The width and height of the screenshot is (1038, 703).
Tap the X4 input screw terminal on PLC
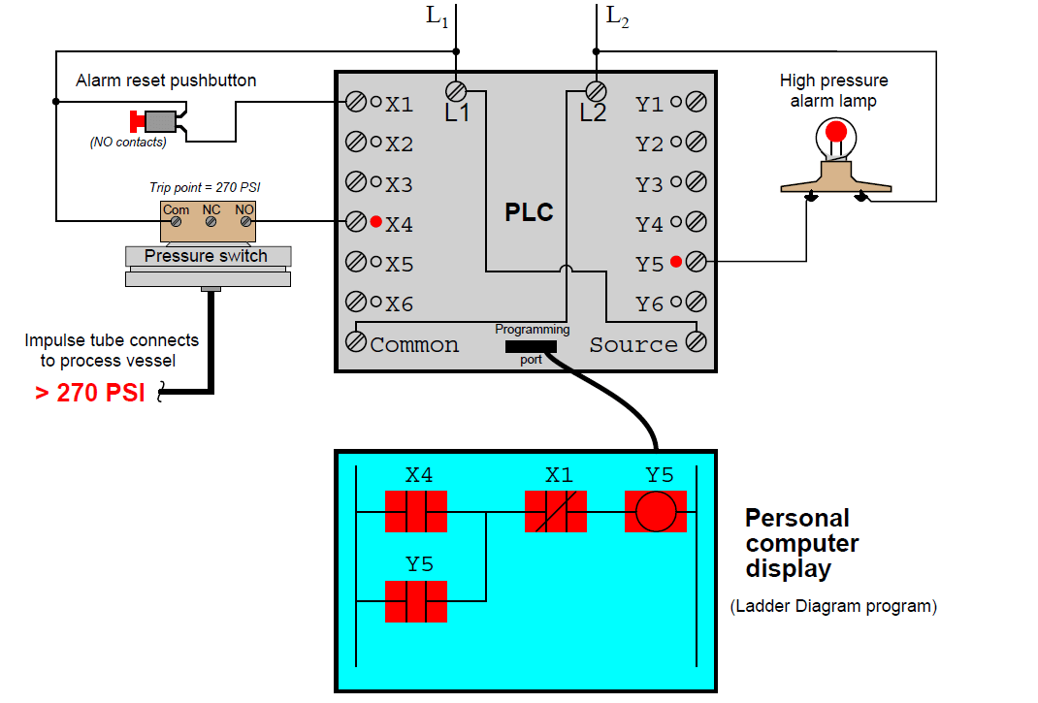tap(356, 222)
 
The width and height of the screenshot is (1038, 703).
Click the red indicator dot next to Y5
tap(676, 261)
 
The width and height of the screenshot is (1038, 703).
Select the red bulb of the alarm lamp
tap(835, 132)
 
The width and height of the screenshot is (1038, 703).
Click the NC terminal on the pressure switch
tap(211, 222)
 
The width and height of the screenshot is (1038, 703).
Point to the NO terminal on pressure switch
tap(245, 222)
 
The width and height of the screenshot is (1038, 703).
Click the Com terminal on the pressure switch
tap(176, 222)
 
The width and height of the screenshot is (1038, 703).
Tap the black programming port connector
tap(531, 346)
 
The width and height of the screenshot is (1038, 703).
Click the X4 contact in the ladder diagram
tap(416, 511)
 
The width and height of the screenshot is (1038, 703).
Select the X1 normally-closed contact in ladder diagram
tap(556, 511)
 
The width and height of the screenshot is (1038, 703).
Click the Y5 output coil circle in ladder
tap(655, 511)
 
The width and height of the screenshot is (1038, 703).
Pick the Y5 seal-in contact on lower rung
tap(416, 601)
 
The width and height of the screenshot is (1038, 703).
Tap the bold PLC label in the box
tap(529, 212)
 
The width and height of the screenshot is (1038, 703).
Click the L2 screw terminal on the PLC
tap(597, 91)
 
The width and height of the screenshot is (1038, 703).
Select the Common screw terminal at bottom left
tap(356, 341)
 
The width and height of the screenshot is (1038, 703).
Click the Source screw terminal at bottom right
tap(695, 341)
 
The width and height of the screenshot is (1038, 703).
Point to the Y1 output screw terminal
tap(695, 102)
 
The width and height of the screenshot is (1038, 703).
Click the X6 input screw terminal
tap(356, 302)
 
